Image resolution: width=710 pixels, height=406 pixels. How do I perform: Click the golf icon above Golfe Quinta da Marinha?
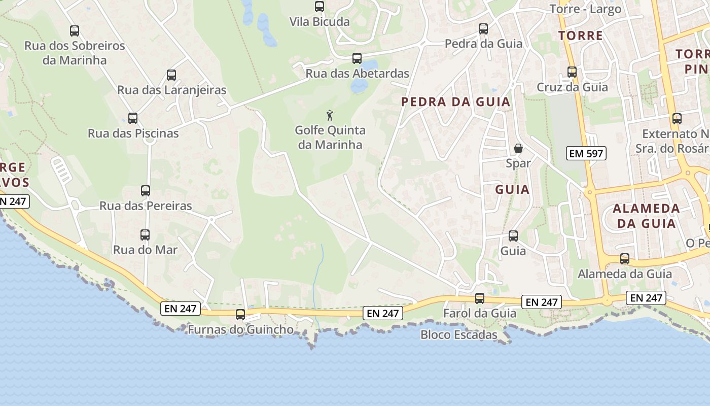click(330, 115)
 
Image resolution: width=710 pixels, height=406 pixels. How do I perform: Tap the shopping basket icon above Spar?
click(518, 148)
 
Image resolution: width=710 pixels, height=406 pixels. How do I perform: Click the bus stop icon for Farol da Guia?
click(480, 298)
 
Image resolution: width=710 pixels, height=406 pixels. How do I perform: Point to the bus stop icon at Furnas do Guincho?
click(240, 315)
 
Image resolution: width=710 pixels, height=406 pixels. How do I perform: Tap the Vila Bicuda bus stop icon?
click(319, 7)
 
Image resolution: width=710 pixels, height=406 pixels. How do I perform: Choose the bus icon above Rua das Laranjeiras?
click(171, 75)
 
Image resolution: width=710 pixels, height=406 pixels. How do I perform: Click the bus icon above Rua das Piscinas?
click(133, 118)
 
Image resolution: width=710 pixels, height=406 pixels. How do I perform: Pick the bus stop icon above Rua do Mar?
click(145, 235)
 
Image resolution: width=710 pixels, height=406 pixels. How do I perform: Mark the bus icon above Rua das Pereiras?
click(146, 191)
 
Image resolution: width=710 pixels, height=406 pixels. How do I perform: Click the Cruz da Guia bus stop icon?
click(572, 72)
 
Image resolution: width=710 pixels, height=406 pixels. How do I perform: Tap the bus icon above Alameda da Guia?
click(625, 259)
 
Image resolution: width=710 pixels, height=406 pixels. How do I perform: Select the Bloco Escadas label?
click(459, 335)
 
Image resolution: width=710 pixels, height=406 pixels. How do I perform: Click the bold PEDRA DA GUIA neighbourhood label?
click(455, 102)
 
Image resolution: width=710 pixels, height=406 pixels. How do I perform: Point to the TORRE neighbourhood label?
click(581, 36)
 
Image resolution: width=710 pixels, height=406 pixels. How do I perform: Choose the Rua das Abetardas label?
click(357, 74)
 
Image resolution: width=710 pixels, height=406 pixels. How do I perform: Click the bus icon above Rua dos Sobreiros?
click(75, 30)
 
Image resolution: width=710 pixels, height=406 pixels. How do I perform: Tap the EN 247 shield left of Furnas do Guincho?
click(181, 308)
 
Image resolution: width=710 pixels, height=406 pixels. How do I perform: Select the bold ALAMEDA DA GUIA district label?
click(646, 216)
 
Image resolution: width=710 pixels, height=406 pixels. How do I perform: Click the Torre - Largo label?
click(585, 9)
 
